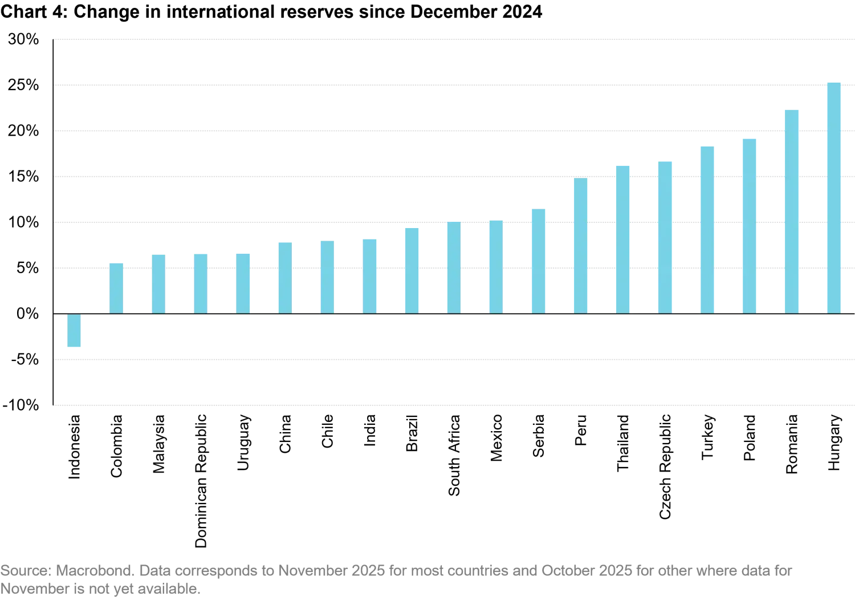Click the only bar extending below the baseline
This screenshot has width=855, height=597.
pos(74,332)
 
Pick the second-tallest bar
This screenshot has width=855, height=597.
pos(793,212)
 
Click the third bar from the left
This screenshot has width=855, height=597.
pos(159,282)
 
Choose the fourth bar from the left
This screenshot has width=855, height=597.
pos(201,282)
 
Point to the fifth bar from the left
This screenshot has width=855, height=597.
pos(242,282)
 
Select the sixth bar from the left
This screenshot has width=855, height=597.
pos(285,278)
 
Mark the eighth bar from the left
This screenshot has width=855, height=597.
pos(369,275)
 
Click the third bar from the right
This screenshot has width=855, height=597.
pos(748,225)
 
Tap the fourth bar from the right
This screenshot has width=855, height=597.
pos(707,230)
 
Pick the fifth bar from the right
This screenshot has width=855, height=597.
pos(665,237)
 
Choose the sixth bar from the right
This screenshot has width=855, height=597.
pos(624,239)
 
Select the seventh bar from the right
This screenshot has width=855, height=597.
pos(580,246)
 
